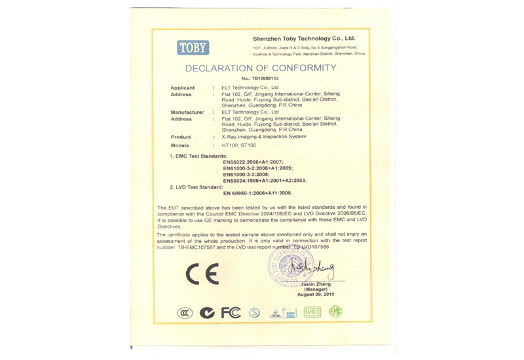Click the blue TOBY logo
193,47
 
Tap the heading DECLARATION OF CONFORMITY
261,68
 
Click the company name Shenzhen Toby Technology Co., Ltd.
303,39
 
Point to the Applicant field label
183,88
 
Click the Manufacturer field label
187,112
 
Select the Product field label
181,137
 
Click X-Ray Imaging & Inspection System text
263,137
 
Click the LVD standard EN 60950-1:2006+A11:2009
257,193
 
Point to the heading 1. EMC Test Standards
198,156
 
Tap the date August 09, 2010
316,295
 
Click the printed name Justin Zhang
316,284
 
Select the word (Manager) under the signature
316,289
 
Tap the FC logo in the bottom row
231,313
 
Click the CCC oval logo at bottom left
185,313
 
